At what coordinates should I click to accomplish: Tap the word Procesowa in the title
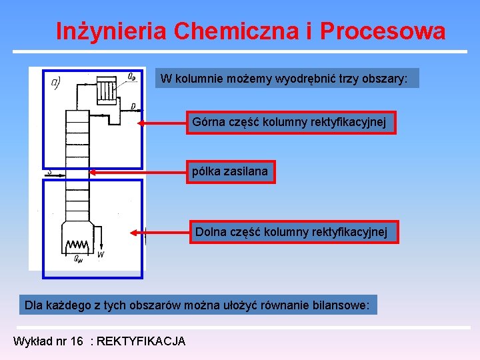pos(383,31)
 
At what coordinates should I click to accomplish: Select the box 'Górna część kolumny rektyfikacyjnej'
pos(291,123)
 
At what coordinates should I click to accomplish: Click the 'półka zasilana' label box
pos(230,171)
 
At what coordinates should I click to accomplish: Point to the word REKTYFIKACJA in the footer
pos(141,341)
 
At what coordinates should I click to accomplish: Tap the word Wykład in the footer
pos(31,341)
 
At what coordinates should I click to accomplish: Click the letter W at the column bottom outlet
pos(100,255)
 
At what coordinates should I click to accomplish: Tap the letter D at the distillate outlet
pos(133,106)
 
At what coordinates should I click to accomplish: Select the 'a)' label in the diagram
pos(56,82)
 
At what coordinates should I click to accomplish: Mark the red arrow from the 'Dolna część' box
pos(160,233)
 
